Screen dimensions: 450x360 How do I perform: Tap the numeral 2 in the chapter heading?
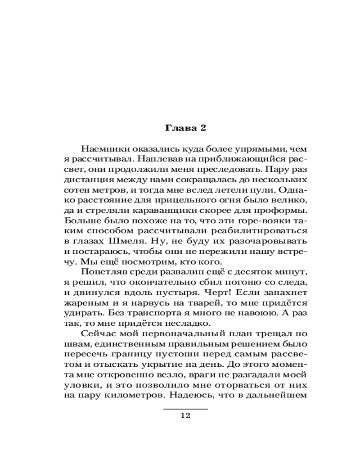pyautogui.click(x=202, y=128)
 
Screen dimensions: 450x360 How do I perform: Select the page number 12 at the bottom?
pyautogui.click(x=185, y=415)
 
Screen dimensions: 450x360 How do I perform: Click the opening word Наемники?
pyautogui.click(x=103, y=148)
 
